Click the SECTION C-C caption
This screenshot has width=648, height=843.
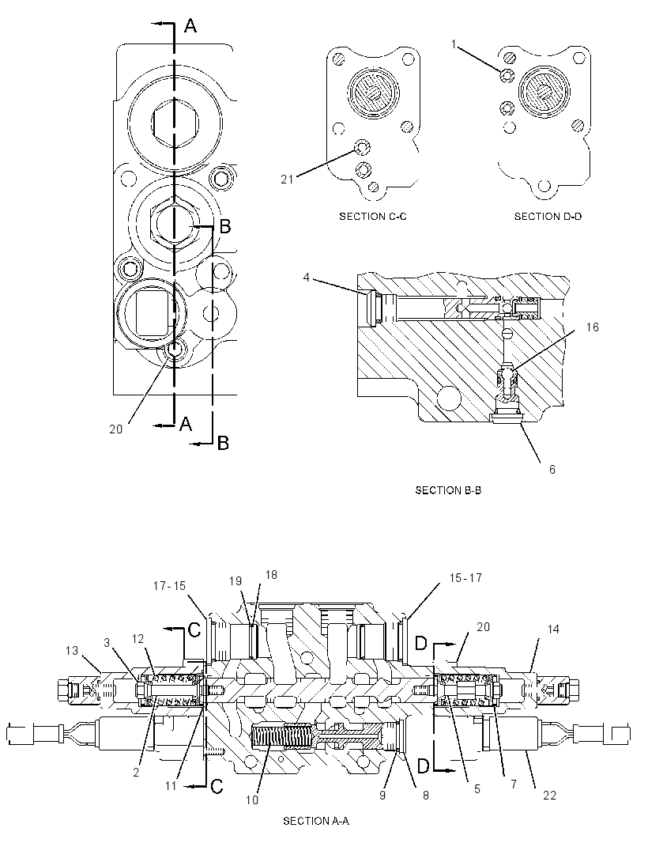pyautogui.click(x=373, y=217)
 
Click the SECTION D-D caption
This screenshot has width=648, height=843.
pyautogui.click(x=548, y=217)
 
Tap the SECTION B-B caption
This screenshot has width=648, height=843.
pyautogui.click(x=448, y=490)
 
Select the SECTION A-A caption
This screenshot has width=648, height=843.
pyautogui.click(x=316, y=820)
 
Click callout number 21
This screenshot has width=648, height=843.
pyautogui.click(x=288, y=179)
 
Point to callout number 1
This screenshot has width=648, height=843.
pyautogui.click(x=454, y=44)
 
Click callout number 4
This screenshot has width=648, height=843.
pyautogui.click(x=307, y=278)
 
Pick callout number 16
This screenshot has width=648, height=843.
pyautogui.click(x=592, y=327)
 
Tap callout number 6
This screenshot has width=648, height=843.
pyautogui.click(x=552, y=470)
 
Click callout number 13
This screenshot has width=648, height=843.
pyautogui.click(x=71, y=651)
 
